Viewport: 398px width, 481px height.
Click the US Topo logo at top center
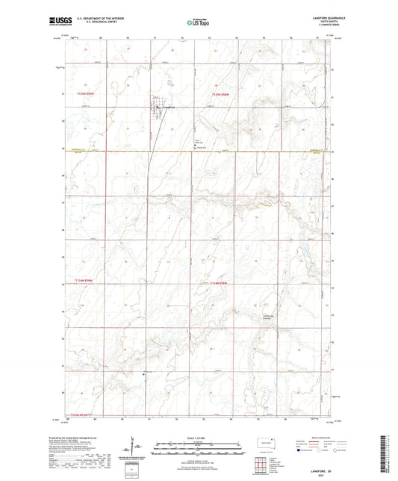(196, 23)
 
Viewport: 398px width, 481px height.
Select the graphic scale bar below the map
(198, 451)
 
